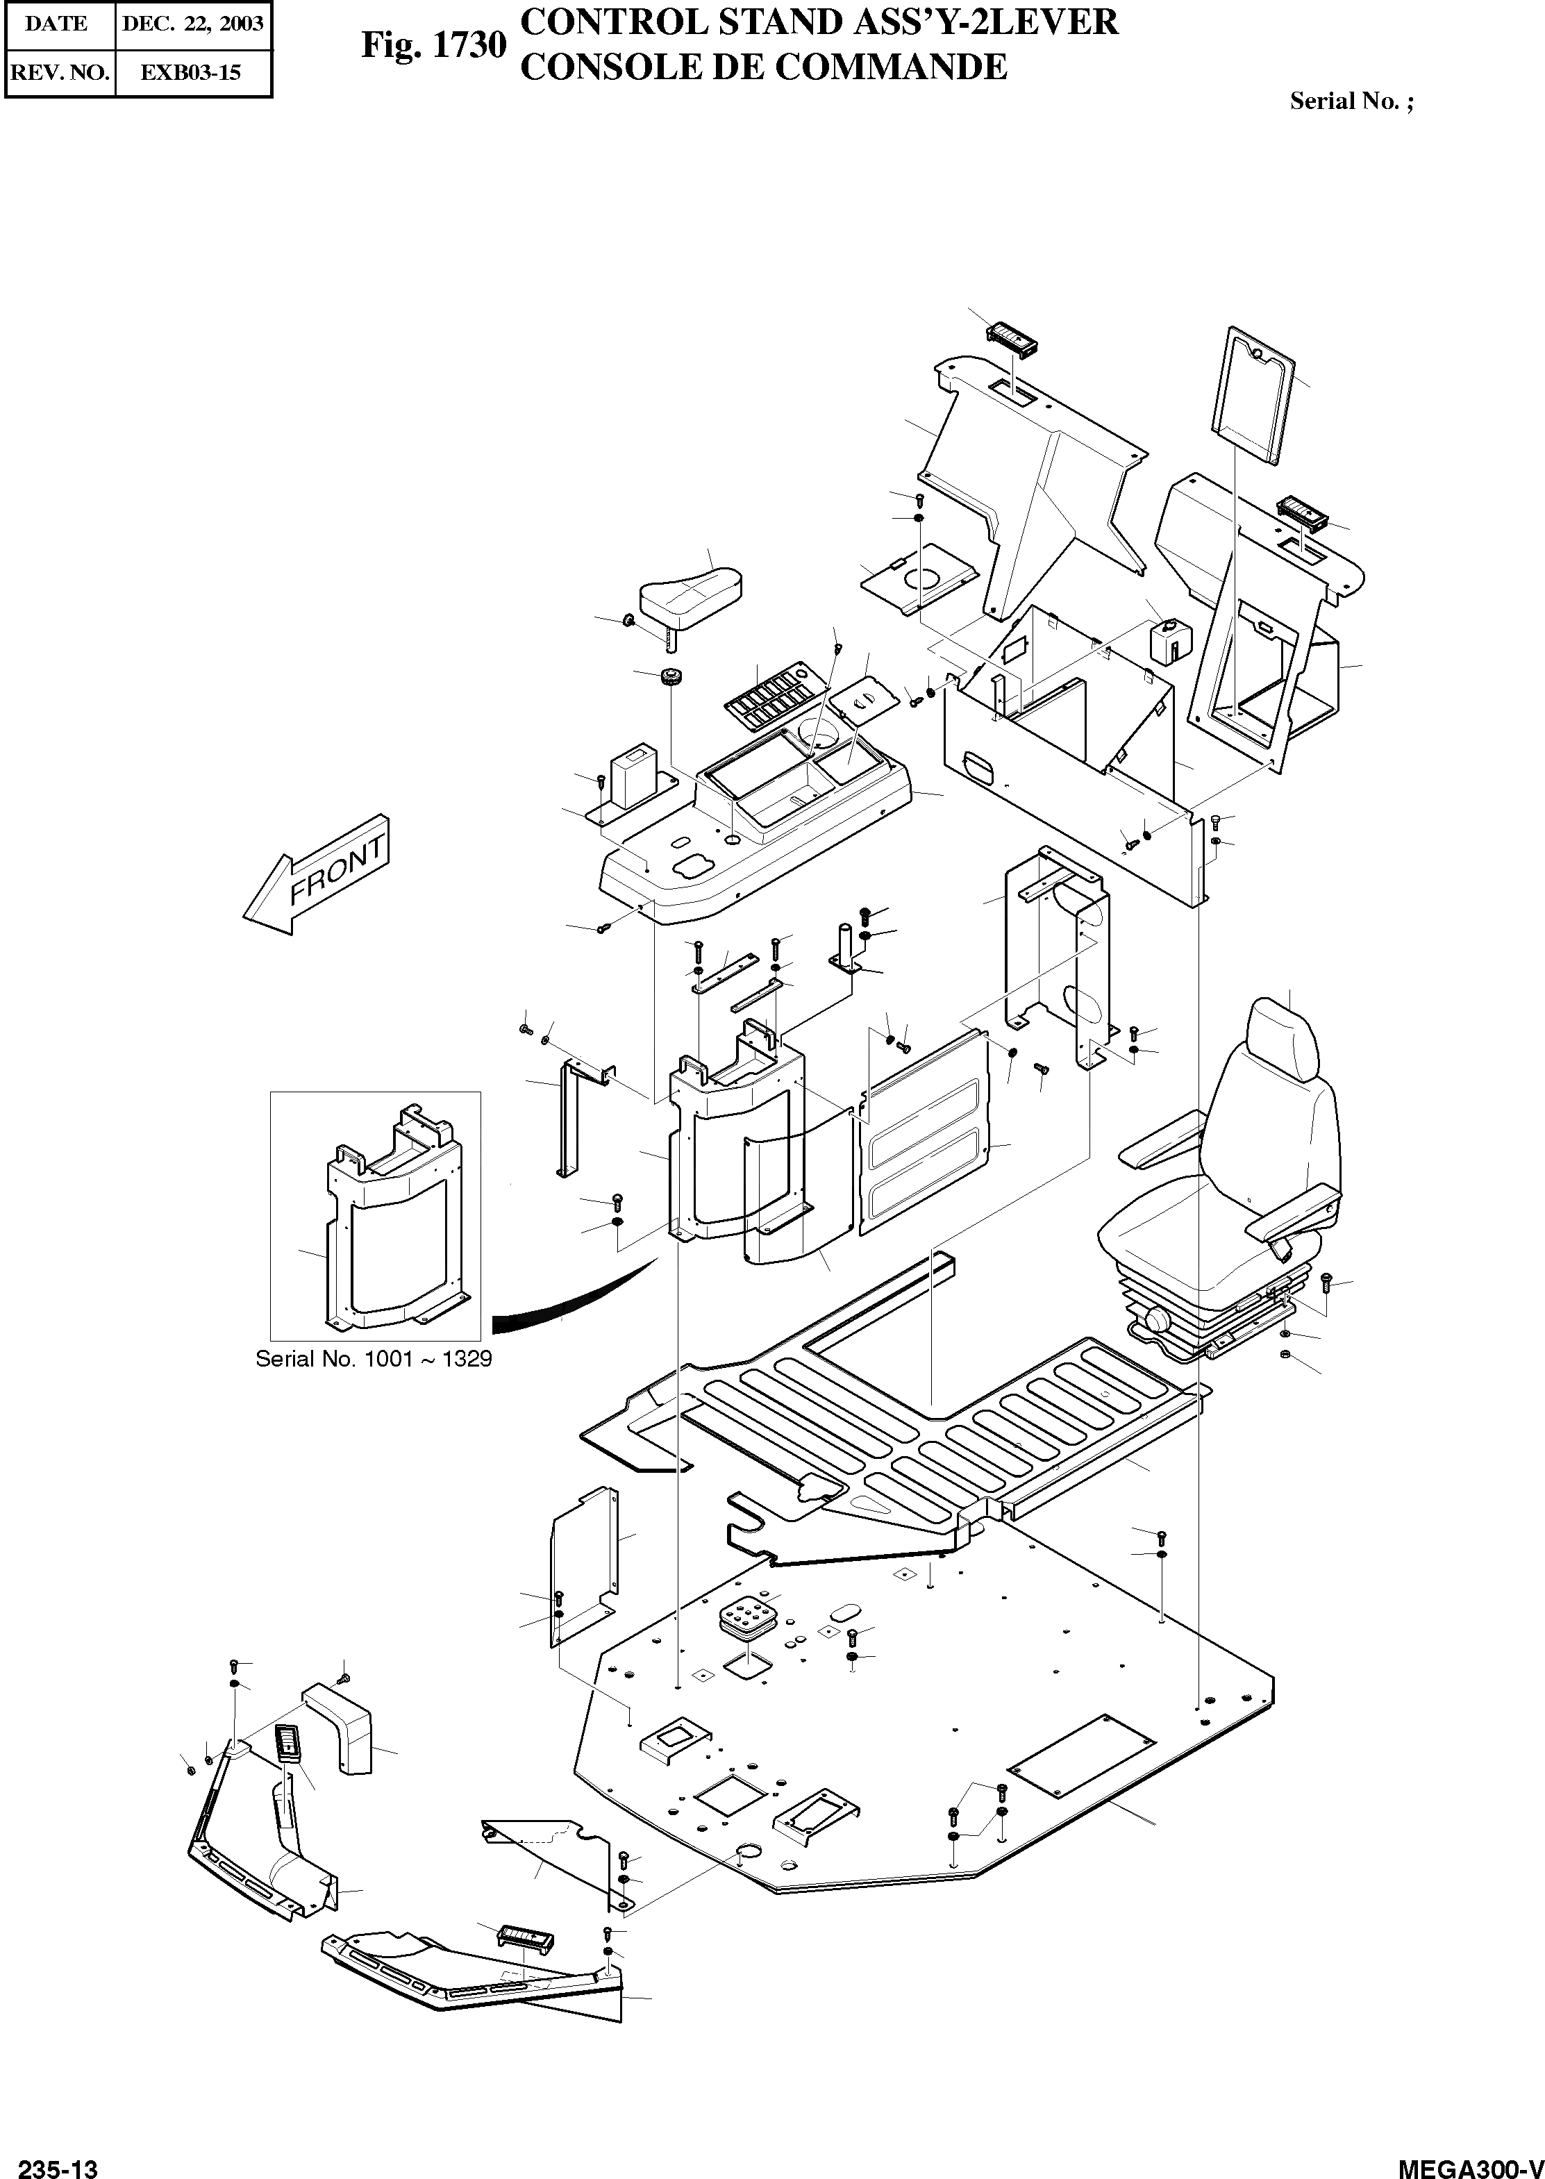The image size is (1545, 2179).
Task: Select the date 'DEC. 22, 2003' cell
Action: click(x=192, y=24)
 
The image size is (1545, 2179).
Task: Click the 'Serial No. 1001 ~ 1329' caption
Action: click(x=374, y=1359)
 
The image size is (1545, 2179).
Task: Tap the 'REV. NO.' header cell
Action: click(x=59, y=72)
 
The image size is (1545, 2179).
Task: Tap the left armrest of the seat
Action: click(x=1159, y=1149)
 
